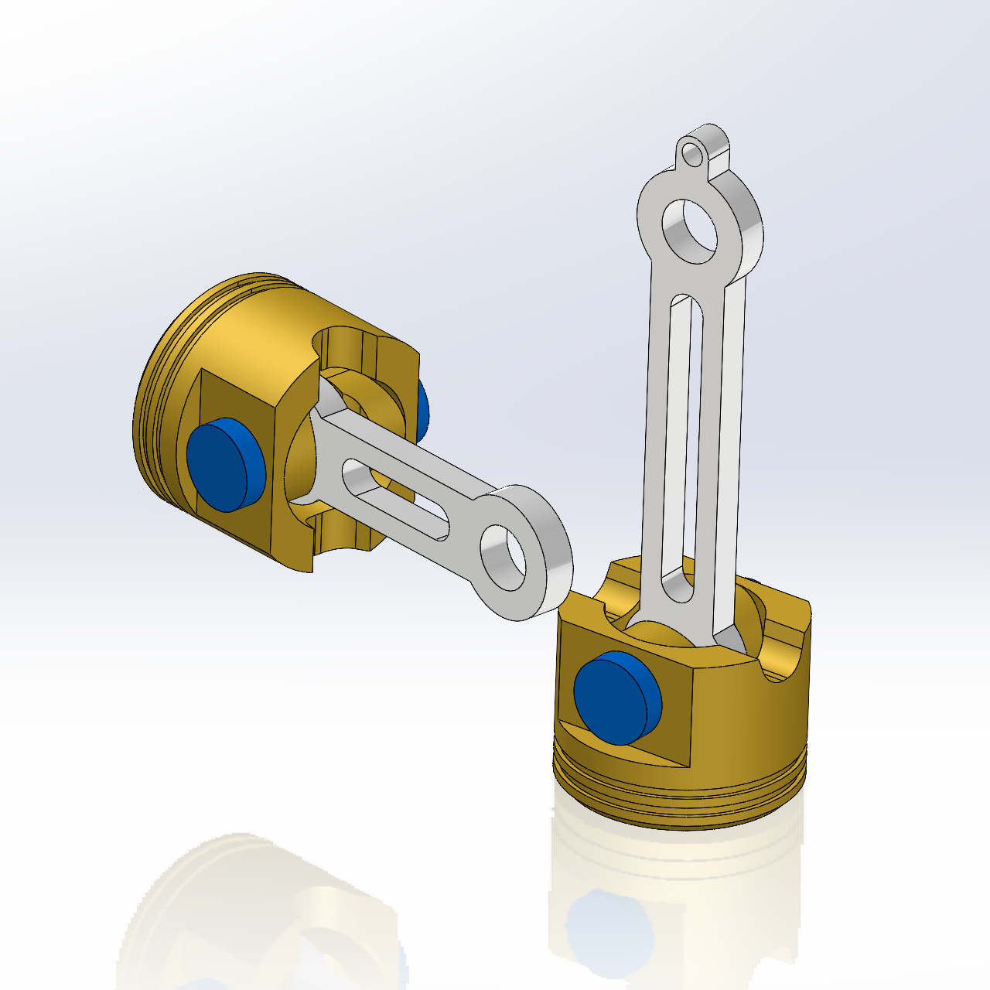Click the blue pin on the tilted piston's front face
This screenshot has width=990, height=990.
pos(224,464)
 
